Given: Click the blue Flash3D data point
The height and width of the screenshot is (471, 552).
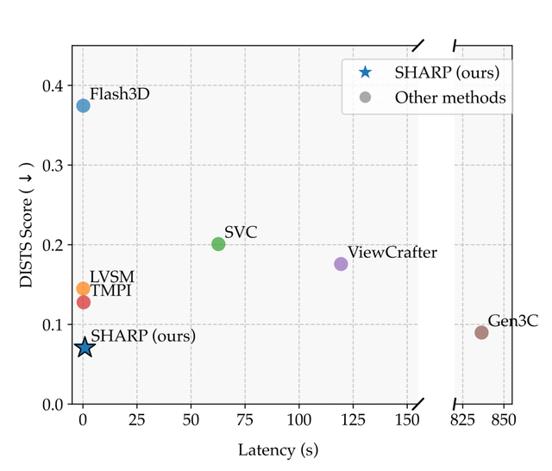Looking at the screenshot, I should coord(83,105).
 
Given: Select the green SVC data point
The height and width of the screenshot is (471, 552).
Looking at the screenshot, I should coord(218,244).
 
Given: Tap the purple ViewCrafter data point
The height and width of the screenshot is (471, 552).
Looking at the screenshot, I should coord(341,264).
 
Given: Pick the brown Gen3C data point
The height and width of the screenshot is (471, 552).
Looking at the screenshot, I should coord(481,332).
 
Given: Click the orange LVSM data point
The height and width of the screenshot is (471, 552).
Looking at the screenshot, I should coord(83,289).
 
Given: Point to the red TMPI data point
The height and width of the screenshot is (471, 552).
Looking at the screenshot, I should coord(84,302).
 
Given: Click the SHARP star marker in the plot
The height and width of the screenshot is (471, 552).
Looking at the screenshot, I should coord(85,348).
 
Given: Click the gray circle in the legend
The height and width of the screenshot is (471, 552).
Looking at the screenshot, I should coord(366,97).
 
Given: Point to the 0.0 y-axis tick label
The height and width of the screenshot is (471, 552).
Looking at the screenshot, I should coord(52,405).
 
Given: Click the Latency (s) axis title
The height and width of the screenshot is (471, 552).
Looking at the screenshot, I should coord(279,449).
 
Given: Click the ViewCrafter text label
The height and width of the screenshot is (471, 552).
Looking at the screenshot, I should coord(392,253).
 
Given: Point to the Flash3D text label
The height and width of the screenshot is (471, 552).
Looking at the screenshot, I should coord(120,94).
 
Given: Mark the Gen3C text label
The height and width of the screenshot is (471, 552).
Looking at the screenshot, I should coord(513,321).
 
